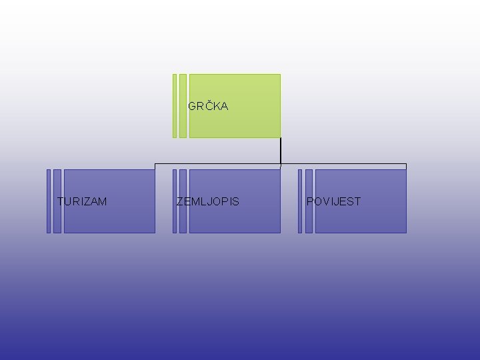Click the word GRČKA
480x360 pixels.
click(208, 106)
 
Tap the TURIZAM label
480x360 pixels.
click(82, 201)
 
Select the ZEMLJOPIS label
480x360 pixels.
click(207, 201)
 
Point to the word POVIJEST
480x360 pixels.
click(333, 201)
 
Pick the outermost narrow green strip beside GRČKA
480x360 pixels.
click(175, 105)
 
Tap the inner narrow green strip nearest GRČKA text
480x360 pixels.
click(183, 105)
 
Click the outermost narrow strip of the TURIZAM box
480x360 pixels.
click(49, 201)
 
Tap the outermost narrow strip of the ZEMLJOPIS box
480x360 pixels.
click(175, 201)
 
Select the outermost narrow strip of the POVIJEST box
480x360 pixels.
click(300, 201)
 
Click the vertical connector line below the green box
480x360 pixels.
click(281, 151)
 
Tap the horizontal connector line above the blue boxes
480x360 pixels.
click(220, 164)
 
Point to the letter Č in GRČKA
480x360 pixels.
click(206, 106)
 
